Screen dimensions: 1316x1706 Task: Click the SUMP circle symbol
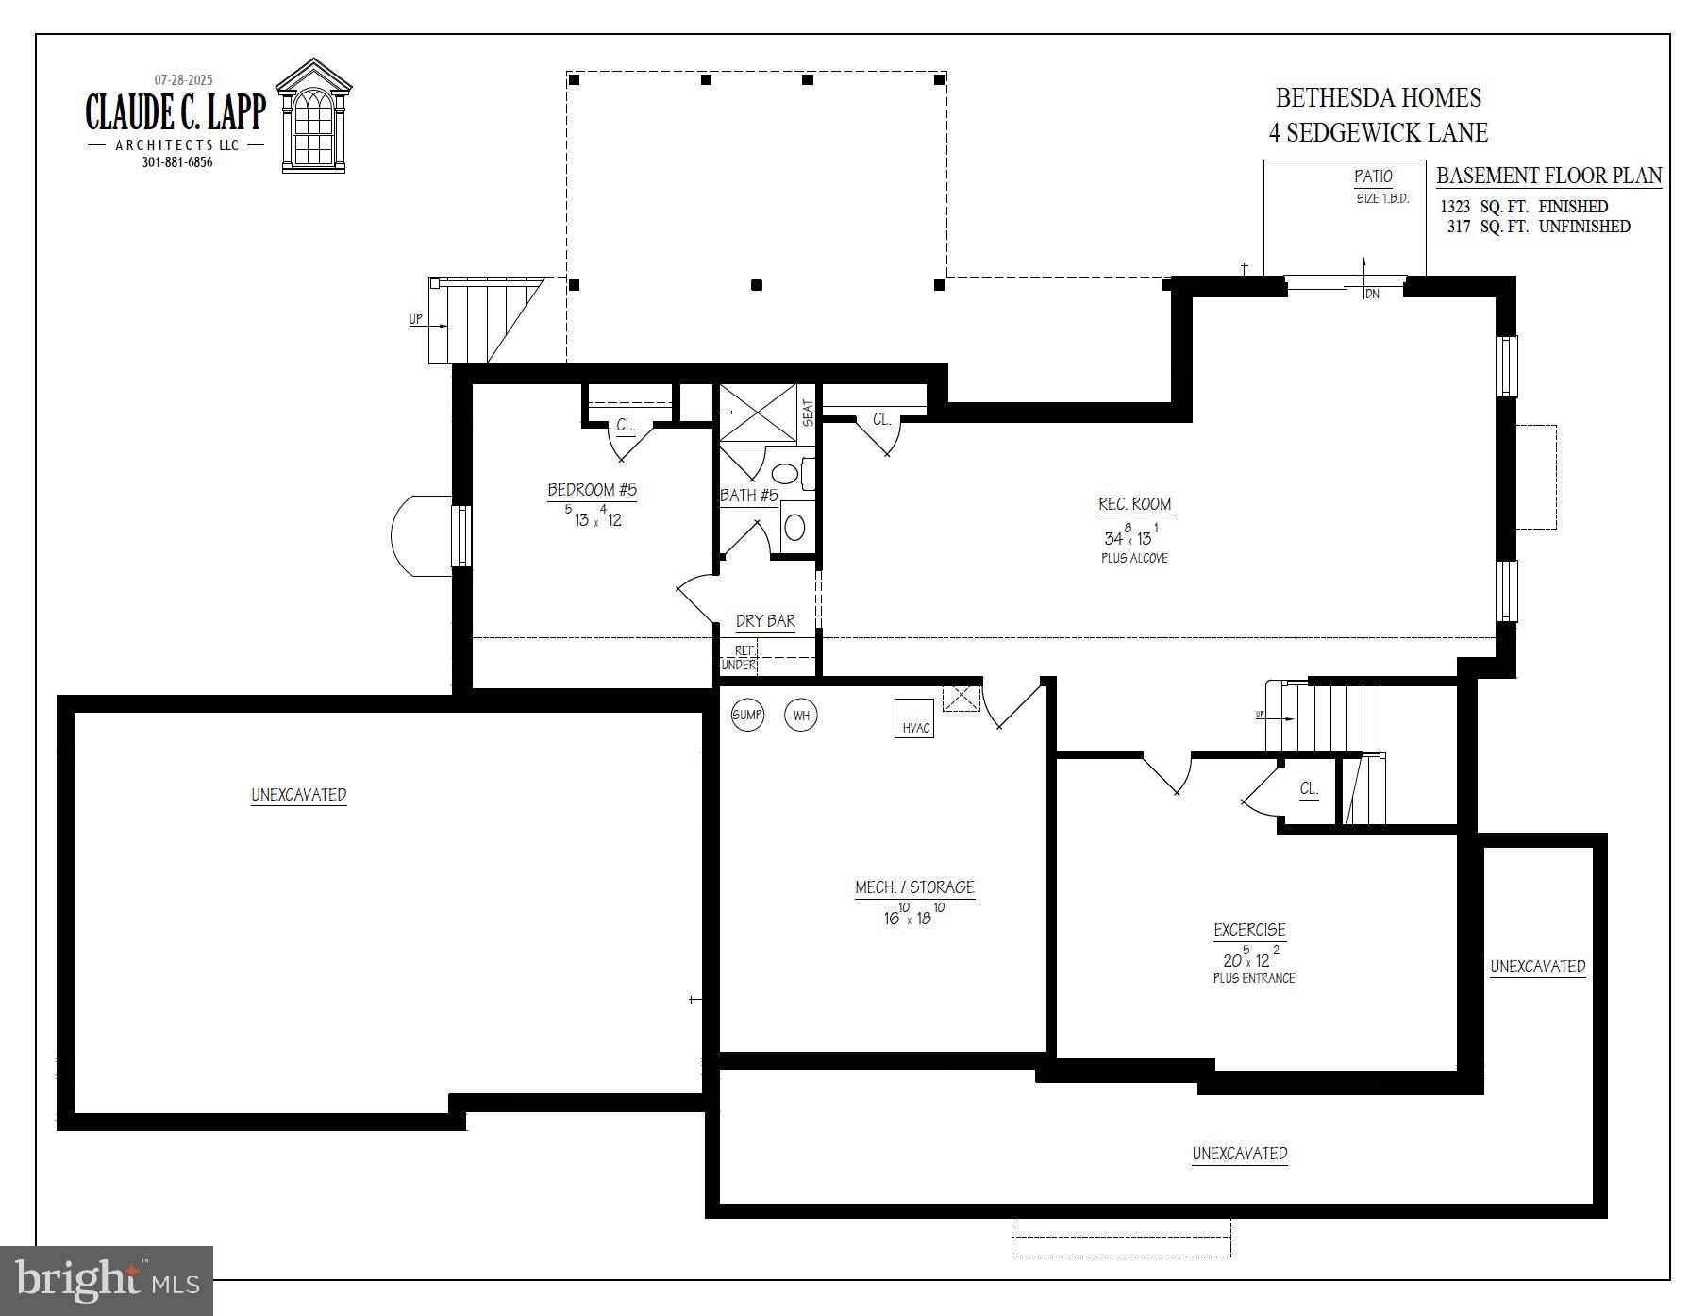click(x=747, y=715)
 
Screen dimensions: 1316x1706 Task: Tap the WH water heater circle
click(x=801, y=715)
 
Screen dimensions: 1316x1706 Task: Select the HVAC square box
click(x=914, y=718)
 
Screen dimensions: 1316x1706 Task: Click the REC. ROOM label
click(x=1134, y=504)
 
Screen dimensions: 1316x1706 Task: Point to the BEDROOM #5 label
click(x=592, y=490)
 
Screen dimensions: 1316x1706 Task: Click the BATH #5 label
click(x=748, y=495)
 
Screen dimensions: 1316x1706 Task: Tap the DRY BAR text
click(x=765, y=620)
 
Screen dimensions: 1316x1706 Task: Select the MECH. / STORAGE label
click(x=914, y=887)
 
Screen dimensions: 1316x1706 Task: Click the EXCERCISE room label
click(x=1249, y=930)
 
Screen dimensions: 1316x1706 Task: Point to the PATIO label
click(x=1373, y=177)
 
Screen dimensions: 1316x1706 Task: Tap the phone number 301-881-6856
click(x=177, y=162)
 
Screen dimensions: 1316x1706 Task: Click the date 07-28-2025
click(x=183, y=80)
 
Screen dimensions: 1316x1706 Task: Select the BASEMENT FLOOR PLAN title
click(x=1548, y=176)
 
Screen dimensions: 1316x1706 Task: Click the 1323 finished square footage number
click(x=1454, y=207)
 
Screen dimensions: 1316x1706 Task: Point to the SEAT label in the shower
click(x=808, y=413)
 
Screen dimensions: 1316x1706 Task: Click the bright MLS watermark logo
click(x=107, y=1281)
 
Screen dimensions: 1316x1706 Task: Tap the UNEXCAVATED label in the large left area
click(x=298, y=795)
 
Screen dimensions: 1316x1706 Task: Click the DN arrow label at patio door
click(x=1372, y=295)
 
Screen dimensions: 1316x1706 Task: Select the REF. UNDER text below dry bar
click(x=741, y=657)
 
